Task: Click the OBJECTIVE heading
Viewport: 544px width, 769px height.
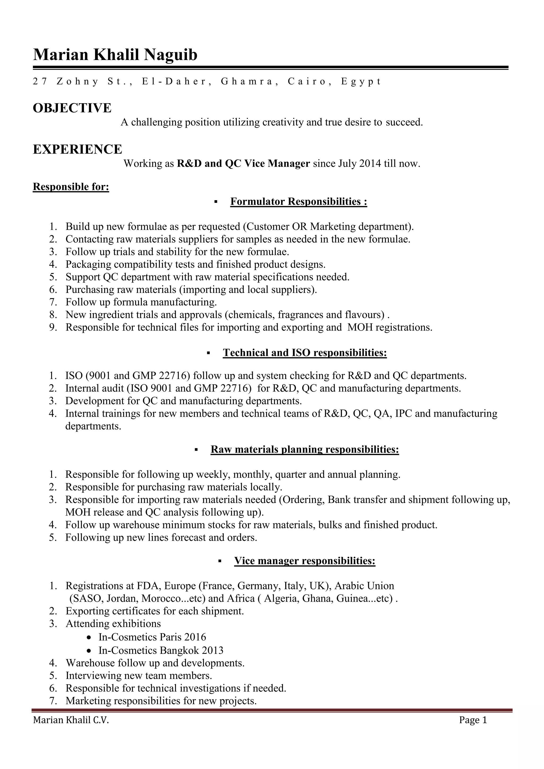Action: coord(72,108)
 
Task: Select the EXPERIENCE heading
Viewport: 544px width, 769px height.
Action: coord(77,149)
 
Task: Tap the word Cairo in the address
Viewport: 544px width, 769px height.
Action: coord(307,82)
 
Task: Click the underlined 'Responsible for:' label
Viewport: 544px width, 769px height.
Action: coord(71,187)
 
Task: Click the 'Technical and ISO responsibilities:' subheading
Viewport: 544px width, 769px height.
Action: coord(305,353)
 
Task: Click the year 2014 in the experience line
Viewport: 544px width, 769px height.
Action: coord(370,164)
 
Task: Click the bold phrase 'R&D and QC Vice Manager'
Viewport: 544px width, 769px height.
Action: coord(243,164)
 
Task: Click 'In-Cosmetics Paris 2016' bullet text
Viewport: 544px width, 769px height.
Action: coord(152,637)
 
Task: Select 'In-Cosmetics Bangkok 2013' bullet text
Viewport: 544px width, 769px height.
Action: coord(161,650)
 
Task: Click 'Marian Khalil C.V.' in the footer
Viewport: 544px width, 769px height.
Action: coord(71,720)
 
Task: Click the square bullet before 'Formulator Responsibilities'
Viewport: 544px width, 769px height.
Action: coord(216,202)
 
